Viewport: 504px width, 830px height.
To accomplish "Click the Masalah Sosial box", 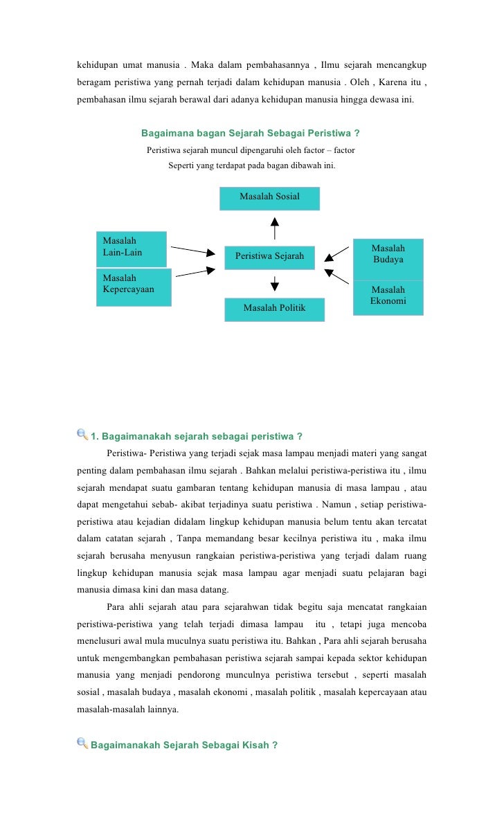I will (x=269, y=198).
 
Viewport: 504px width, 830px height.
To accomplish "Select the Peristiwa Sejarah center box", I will (x=269, y=257).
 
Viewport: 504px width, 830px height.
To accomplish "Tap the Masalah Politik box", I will (x=274, y=309).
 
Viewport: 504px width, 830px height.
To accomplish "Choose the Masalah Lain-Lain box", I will (x=132, y=249).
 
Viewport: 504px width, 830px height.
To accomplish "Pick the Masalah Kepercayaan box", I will (x=134, y=287).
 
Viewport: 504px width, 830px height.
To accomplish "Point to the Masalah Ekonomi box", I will (x=388, y=297).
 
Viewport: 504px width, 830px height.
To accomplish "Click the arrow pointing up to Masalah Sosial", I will (x=275, y=228).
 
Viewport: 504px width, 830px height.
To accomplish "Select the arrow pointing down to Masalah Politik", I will (x=275, y=284).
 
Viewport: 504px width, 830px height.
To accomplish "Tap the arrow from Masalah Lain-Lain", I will (x=192, y=250).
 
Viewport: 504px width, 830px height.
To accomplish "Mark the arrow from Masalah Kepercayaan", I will (x=195, y=273).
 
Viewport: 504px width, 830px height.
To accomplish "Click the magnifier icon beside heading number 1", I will (x=82, y=435).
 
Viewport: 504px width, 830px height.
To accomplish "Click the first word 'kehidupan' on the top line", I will (x=97, y=66).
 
